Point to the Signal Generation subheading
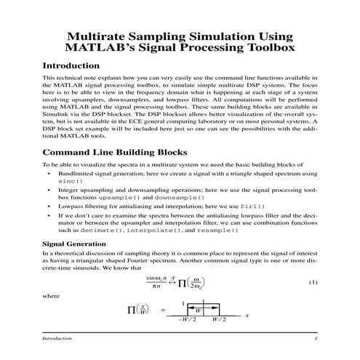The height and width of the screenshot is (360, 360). [x=73, y=243]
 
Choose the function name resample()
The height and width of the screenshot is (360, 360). [x=213, y=229]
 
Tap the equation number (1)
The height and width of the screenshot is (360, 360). [x=313, y=282]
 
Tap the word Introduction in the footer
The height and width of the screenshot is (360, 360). [x=57, y=339]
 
